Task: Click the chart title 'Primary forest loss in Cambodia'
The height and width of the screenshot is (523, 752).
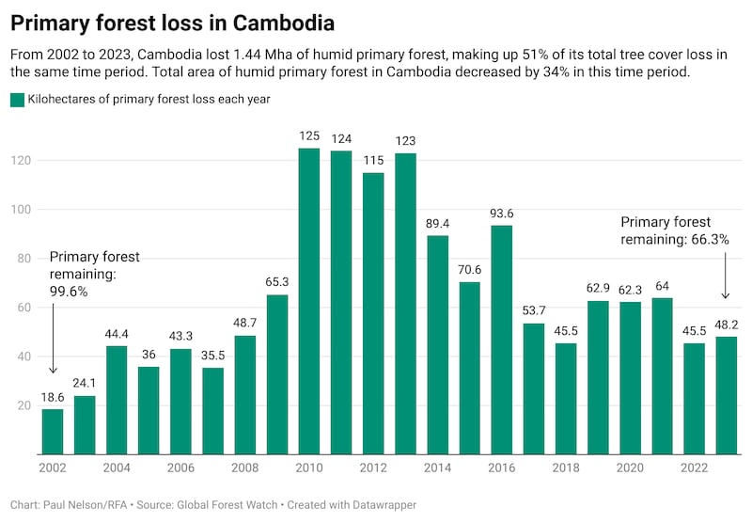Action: tap(172, 20)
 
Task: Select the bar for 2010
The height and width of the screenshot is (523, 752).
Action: tap(309, 301)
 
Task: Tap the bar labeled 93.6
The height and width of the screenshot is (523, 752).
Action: tap(502, 340)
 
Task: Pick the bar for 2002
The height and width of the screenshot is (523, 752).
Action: tap(53, 431)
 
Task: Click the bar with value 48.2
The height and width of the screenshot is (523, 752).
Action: tap(727, 395)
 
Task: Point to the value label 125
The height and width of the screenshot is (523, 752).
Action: tap(309, 136)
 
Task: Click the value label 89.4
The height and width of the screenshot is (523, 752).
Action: tap(437, 224)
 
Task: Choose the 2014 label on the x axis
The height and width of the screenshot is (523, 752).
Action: tap(437, 468)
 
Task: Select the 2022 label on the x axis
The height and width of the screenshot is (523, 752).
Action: tap(694, 468)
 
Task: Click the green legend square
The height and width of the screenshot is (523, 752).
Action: tap(17, 99)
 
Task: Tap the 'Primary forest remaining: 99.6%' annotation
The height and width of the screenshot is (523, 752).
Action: tap(94, 274)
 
